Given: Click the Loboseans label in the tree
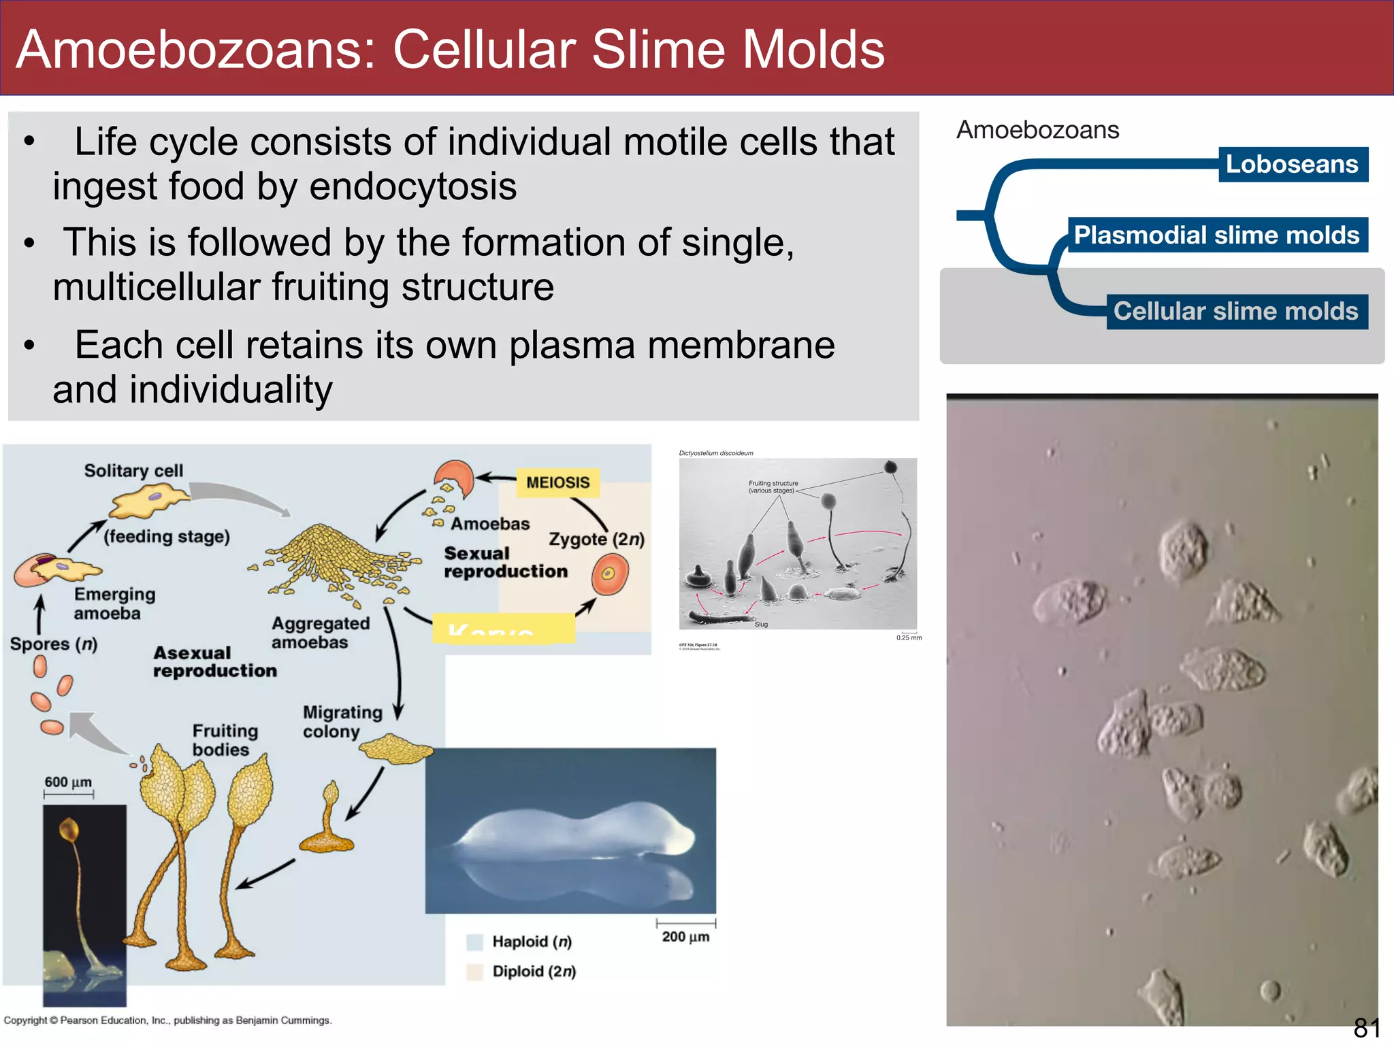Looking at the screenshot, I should tap(1292, 165).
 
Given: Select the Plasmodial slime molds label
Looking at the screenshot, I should tap(1216, 235).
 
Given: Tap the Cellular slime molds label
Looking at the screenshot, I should tap(1235, 312).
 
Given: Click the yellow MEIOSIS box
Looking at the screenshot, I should tap(557, 482).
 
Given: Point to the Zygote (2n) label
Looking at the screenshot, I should tap(596, 540).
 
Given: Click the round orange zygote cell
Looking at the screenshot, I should tap(609, 574).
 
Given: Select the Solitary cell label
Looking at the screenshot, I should tap(133, 471).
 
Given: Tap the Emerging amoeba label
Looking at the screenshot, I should tap(114, 604).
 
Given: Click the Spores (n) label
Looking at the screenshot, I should tap(54, 644).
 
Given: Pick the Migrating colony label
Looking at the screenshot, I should tap(342, 722).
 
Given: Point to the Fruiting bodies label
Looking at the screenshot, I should tap(225, 740).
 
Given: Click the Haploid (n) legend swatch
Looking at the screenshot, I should tap(474, 942).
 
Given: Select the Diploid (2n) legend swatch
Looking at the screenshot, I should tap(474, 972).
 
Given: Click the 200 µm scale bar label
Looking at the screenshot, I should tap(685, 937).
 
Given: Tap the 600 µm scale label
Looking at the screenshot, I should tap(68, 782).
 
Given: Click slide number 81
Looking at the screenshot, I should tap(1366, 1027).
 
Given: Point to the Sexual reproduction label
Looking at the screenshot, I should tap(505, 563).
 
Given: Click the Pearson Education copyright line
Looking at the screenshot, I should tap(167, 1021).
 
